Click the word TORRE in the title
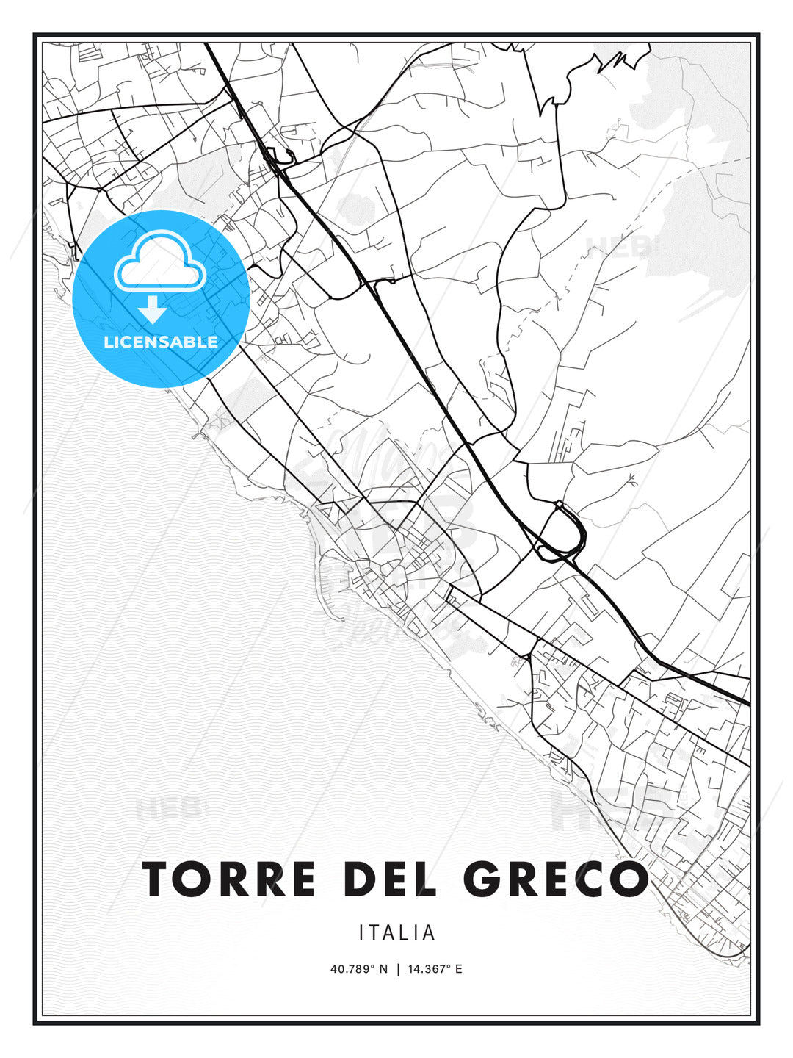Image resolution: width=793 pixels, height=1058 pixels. (229, 879)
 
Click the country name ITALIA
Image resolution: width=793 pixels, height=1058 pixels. (397, 933)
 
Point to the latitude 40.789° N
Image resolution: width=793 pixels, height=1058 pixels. (358, 969)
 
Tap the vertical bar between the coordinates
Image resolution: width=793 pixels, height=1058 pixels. (398, 969)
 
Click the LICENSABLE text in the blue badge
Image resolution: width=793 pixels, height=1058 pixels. (161, 342)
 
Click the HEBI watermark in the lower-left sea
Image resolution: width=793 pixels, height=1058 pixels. (167, 809)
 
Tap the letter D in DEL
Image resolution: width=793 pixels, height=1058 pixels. (361, 879)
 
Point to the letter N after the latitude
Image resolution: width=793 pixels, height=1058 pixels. (383, 969)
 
